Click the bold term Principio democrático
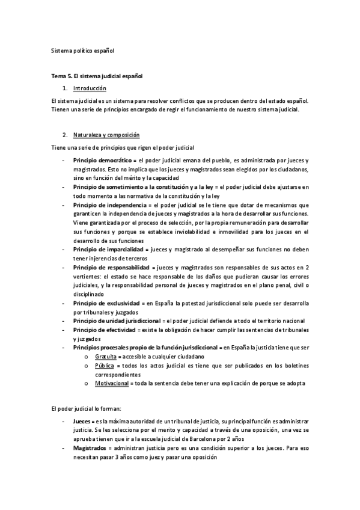pos(102,161)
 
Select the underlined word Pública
pos(104,365)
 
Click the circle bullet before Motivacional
pos(87,382)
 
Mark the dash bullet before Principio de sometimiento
pos(63,188)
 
